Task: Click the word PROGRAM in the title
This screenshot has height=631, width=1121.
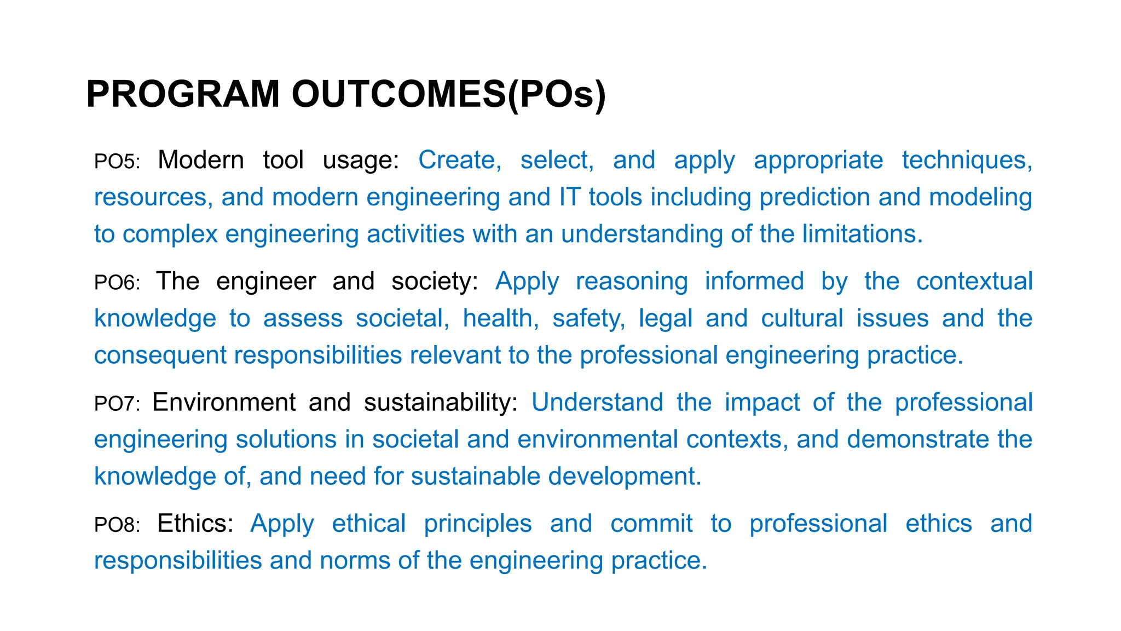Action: click(x=183, y=94)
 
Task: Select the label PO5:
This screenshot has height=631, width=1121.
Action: click(x=117, y=162)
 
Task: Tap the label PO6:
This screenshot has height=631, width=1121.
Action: click(x=117, y=283)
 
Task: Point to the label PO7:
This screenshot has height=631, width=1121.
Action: click(x=117, y=404)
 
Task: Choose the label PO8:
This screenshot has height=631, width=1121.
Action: click(x=117, y=525)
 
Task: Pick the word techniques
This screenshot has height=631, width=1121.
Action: click(x=967, y=160)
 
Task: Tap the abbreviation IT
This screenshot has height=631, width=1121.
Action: click(x=569, y=197)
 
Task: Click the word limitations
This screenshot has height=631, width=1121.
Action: click(x=863, y=234)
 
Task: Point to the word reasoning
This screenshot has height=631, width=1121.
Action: click(x=632, y=282)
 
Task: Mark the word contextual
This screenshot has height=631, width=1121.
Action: click(x=974, y=281)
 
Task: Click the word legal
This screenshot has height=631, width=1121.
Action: click(x=666, y=318)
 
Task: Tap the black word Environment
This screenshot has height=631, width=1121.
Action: click(x=224, y=402)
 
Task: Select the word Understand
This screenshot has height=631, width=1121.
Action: click(x=597, y=402)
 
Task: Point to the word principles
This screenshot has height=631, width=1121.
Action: click(x=478, y=524)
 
